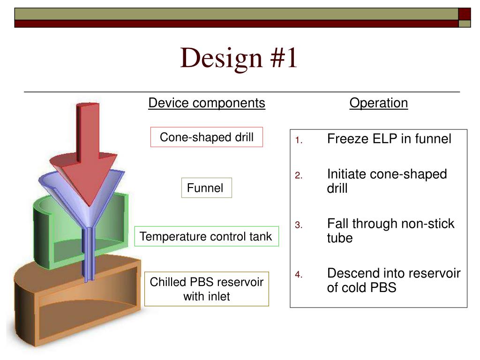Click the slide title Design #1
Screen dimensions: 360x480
click(x=239, y=59)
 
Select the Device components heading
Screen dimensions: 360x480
click(x=207, y=103)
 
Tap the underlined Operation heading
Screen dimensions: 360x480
click(x=378, y=103)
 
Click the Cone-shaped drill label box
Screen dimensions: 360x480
click(x=206, y=137)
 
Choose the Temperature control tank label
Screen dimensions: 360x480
click(x=206, y=237)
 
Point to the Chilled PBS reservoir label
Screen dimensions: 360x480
click(x=206, y=289)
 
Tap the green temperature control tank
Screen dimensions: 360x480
click(x=47, y=234)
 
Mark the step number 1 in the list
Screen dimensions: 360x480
click(x=299, y=140)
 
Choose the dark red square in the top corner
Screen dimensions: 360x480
click(x=464, y=14)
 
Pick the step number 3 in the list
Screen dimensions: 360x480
click(x=299, y=225)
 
